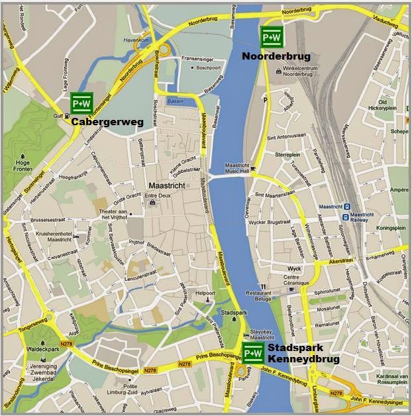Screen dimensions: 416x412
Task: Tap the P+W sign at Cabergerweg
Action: coord(81,103)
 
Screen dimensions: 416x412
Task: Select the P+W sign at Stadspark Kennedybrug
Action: coord(253,353)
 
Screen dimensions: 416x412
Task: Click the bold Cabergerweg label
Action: coord(107,123)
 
